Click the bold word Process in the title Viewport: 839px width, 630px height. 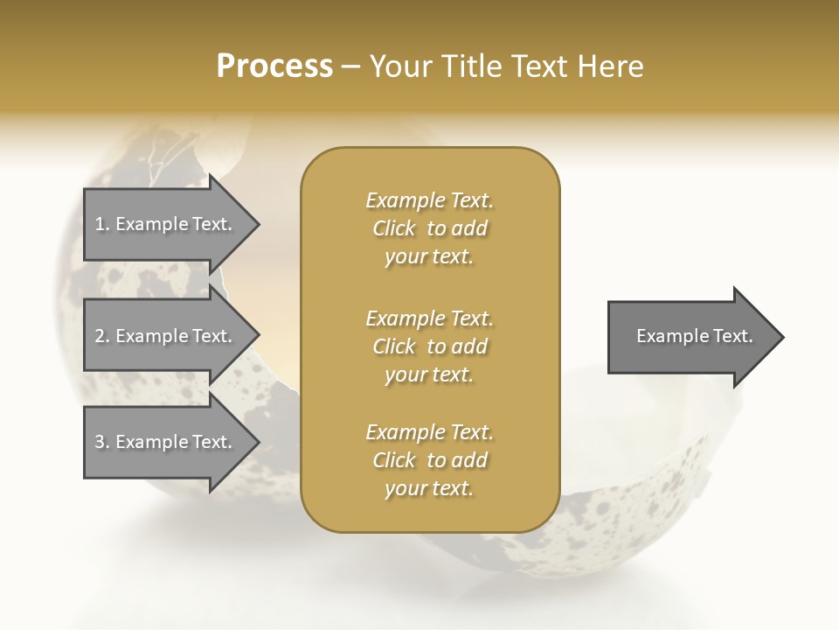[274, 66]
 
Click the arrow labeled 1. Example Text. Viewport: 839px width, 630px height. [166, 225]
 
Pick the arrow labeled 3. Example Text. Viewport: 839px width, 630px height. [166, 443]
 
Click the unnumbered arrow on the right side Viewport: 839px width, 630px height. [690, 337]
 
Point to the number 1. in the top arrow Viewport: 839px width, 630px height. [102, 225]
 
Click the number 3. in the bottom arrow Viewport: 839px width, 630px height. [102, 443]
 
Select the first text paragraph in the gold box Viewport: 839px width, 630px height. [429, 228]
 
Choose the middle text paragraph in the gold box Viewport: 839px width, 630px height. [429, 346]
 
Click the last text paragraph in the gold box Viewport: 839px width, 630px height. [429, 460]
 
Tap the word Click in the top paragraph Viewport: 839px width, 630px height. [394, 228]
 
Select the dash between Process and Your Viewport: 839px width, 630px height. [350, 66]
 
